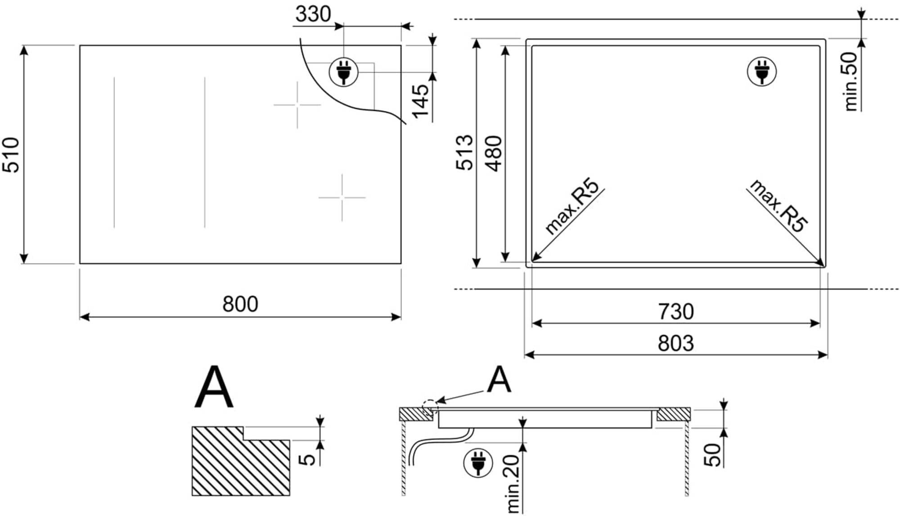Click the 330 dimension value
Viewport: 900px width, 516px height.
[313, 14]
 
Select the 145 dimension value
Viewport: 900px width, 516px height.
[421, 102]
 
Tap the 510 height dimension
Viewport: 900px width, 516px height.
[11, 155]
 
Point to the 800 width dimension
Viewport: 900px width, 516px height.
[240, 304]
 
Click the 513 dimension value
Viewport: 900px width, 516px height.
[465, 153]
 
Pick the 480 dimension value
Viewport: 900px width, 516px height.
[494, 153]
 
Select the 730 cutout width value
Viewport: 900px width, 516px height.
[676, 312]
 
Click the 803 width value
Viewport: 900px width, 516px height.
[676, 343]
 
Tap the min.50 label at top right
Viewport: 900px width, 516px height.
[850, 81]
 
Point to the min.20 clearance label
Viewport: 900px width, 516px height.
[513, 484]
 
